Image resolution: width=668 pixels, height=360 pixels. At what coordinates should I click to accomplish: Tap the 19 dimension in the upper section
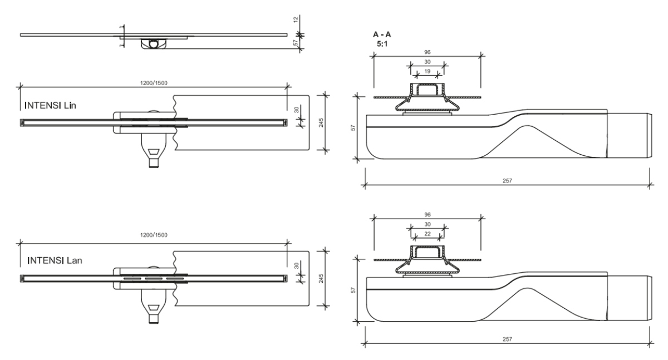click(427, 72)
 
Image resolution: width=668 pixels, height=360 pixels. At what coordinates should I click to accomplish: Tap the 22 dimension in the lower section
click(427, 234)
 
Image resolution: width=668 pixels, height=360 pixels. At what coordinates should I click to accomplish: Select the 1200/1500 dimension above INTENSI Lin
click(154, 83)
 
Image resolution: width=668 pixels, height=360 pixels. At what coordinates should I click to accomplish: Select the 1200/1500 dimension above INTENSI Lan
click(154, 235)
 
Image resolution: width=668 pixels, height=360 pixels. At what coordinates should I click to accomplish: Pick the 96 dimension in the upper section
click(427, 53)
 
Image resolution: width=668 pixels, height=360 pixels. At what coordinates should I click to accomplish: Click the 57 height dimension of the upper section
click(352, 127)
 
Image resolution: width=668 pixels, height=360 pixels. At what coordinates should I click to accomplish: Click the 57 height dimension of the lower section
click(352, 290)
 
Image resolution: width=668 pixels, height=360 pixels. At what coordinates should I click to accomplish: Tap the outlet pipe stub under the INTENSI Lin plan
click(153, 163)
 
